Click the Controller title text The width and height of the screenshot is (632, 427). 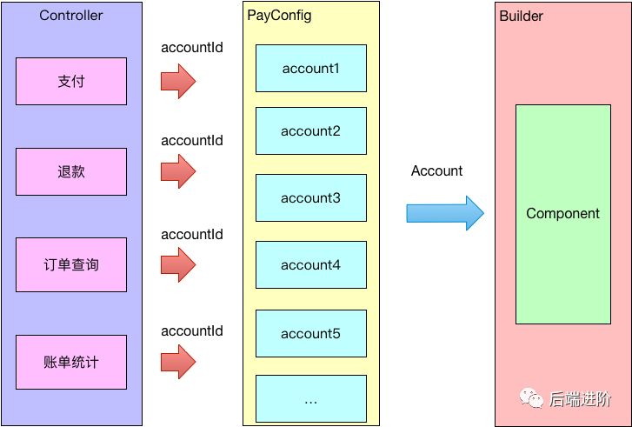click(71, 16)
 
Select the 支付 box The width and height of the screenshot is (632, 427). click(71, 82)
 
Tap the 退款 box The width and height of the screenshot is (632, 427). click(71, 172)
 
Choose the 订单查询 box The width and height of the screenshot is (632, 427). click(71, 264)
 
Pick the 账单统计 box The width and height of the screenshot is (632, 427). click(71, 362)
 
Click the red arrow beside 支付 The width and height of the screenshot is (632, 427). click(178, 81)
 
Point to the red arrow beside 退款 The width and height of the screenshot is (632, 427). click(178, 171)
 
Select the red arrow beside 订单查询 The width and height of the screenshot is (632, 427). click(178, 264)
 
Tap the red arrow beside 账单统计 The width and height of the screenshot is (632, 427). click(178, 362)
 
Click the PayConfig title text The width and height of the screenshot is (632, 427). click(279, 16)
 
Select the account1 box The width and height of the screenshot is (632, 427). click(311, 68)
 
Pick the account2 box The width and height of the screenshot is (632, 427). click(311, 130)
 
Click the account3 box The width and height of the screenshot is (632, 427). click(311, 197)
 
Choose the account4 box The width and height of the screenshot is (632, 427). click(311, 264)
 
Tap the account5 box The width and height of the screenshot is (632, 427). click(311, 333)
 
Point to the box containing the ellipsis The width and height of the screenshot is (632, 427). click(311, 399)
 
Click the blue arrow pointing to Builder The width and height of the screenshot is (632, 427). click(445, 213)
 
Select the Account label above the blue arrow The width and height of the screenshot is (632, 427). click(436, 171)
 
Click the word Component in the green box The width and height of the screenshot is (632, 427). click(562, 213)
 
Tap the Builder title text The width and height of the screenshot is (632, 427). click(521, 17)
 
